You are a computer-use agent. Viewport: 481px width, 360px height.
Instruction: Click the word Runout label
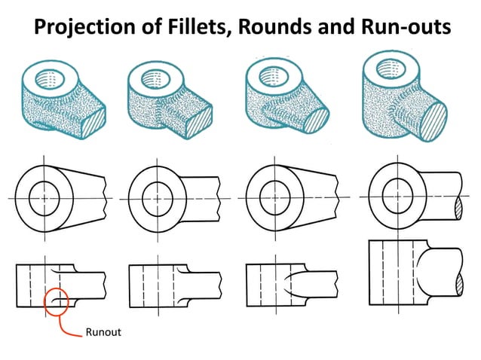(104, 331)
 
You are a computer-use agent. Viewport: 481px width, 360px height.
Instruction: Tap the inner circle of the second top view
(158, 199)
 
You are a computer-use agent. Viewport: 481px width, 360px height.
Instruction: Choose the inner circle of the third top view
(274, 199)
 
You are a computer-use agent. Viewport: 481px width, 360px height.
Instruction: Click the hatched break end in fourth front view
(460, 283)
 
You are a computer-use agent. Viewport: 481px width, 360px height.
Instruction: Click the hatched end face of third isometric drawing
(317, 118)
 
